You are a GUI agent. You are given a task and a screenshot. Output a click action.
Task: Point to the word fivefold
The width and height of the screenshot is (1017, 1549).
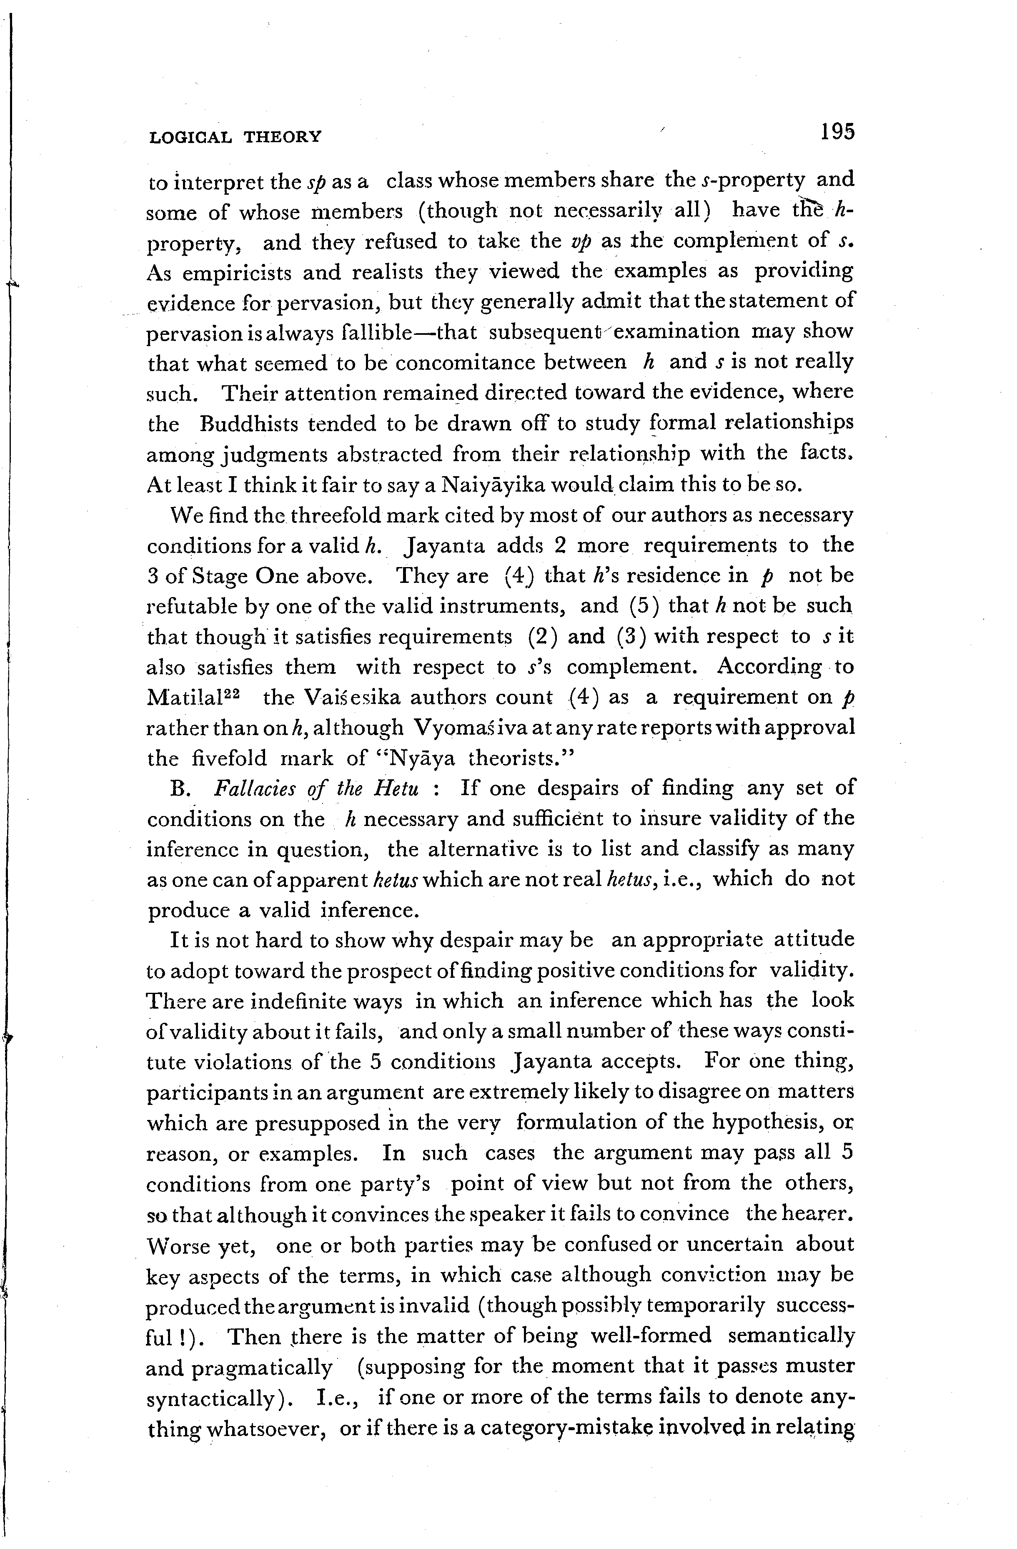[230, 758]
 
